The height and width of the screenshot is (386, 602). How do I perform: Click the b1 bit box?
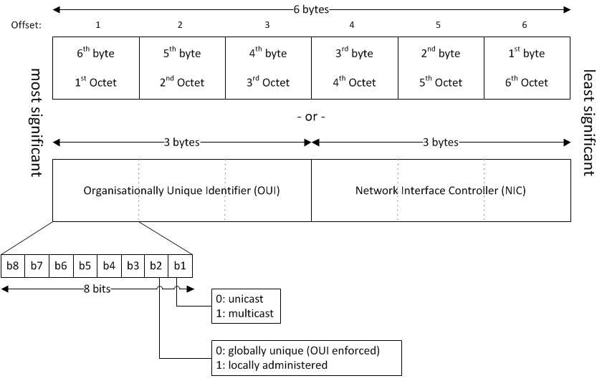tap(181, 266)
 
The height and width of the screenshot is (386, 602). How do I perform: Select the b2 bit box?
tap(156, 266)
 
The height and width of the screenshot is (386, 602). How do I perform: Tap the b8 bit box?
tap(13, 266)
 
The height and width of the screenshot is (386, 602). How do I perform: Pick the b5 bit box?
tap(85, 266)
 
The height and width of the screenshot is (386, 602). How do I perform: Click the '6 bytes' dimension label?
tap(312, 9)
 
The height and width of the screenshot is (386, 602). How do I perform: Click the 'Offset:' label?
tap(27, 25)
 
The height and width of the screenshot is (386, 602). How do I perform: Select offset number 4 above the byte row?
tap(351, 25)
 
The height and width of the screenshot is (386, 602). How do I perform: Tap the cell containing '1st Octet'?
tap(95, 68)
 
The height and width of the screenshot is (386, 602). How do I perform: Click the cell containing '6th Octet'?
tap(527, 68)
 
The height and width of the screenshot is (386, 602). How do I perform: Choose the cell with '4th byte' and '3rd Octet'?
tap(268, 68)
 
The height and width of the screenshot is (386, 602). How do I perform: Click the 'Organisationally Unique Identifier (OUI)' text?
tap(181, 191)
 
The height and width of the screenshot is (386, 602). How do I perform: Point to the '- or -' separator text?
tap(311, 116)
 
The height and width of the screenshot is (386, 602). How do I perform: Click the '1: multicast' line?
tap(244, 313)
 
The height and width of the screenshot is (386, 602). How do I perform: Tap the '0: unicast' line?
tap(241, 300)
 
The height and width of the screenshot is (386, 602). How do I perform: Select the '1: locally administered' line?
tap(272, 365)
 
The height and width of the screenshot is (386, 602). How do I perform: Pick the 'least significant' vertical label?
tap(588, 122)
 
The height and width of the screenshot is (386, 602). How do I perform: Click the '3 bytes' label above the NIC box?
tap(441, 142)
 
